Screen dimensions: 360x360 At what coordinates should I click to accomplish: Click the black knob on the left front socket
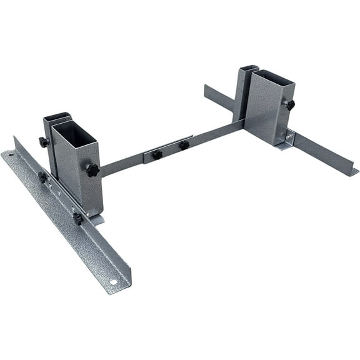[92, 170]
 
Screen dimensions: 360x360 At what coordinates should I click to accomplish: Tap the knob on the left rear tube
[44, 142]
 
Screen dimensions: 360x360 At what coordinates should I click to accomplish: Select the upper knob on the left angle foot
[42, 177]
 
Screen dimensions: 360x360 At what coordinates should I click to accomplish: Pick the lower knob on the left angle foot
[77, 218]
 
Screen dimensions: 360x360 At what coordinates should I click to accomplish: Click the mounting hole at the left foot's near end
[114, 282]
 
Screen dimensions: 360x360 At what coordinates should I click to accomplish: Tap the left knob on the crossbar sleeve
[157, 154]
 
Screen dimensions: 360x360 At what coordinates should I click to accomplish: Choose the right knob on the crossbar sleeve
[184, 145]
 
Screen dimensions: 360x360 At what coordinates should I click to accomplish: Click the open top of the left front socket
[71, 131]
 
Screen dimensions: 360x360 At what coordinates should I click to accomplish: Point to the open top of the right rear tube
[249, 67]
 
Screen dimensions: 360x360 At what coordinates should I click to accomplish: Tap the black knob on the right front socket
[290, 105]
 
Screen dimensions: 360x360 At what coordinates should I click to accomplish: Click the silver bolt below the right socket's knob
[289, 133]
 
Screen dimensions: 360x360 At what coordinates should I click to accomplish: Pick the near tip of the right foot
[354, 171]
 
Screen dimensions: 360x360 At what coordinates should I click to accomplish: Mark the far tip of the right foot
[207, 88]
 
